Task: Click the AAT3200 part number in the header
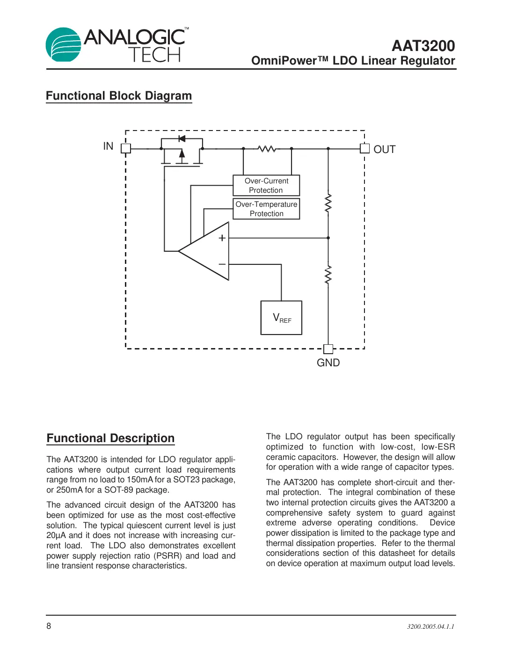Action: (423, 46)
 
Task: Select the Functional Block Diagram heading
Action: (119, 96)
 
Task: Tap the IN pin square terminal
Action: (125, 148)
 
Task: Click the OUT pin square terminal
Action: (364, 148)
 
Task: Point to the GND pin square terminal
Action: (328, 349)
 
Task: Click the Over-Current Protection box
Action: (266, 186)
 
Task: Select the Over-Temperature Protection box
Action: (266, 209)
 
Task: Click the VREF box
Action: (281, 318)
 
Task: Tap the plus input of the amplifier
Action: (222, 238)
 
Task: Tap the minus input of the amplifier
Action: (222, 264)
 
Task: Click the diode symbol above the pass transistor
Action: (182, 138)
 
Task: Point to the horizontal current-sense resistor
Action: (267, 149)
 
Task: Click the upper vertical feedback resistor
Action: (328, 204)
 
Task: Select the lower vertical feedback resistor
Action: (328, 275)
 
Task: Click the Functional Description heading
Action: (110, 438)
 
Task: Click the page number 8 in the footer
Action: (49, 626)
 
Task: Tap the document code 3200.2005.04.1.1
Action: (430, 626)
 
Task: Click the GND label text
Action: (328, 363)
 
